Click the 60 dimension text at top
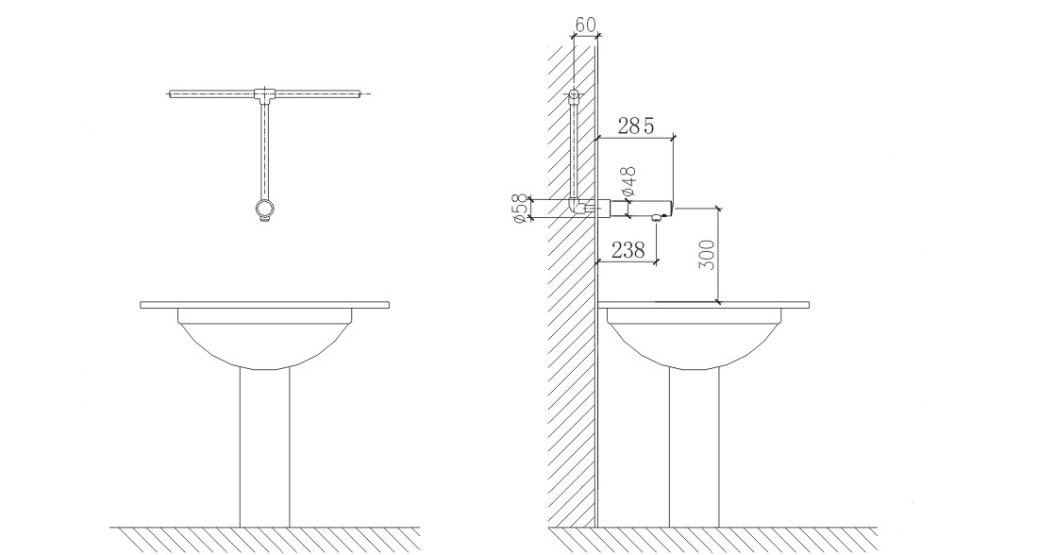585,25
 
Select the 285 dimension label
635,126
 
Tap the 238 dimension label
628,250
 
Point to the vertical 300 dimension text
709,256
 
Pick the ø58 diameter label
518,208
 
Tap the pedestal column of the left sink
264,444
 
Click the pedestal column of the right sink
695,444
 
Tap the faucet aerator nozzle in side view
656,217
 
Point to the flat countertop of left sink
264,304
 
